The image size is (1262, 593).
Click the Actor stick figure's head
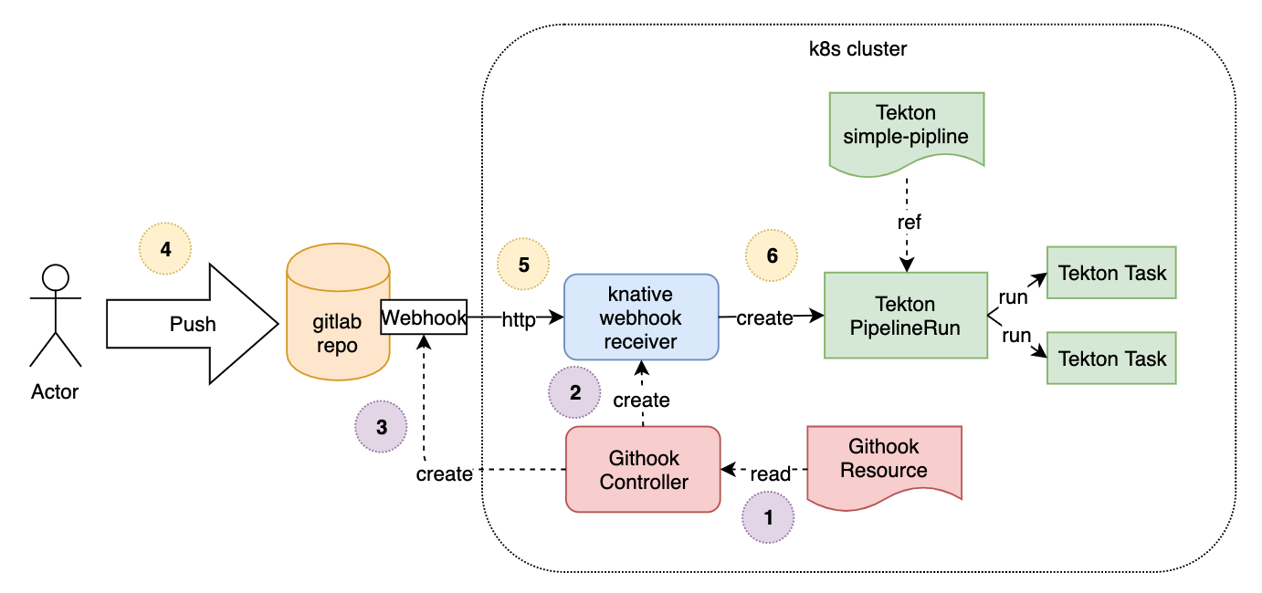click(57, 277)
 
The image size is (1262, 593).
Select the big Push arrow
click(192, 324)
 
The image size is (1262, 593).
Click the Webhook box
click(424, 317)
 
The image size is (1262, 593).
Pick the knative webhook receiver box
click(641, 317)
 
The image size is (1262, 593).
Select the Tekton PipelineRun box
click(905, 316)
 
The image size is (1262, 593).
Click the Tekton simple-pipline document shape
click(906, 126)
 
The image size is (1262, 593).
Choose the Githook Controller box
click(643, 469)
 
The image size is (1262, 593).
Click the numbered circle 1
click(768, 517)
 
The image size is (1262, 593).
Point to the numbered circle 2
click(574, 393)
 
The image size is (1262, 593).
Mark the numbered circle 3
click(381, 426)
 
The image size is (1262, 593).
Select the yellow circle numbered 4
click(165, 248)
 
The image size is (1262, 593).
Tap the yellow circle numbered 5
click(523, 265)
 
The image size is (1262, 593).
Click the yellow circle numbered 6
click(772, 255)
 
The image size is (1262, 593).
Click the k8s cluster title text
click(852, 49)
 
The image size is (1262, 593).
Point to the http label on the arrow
click(519, 318)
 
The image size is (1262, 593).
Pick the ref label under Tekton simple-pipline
click(907, 222)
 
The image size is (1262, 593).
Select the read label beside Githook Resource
click(770, 475)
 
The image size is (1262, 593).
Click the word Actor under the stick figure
click(55, 392)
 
